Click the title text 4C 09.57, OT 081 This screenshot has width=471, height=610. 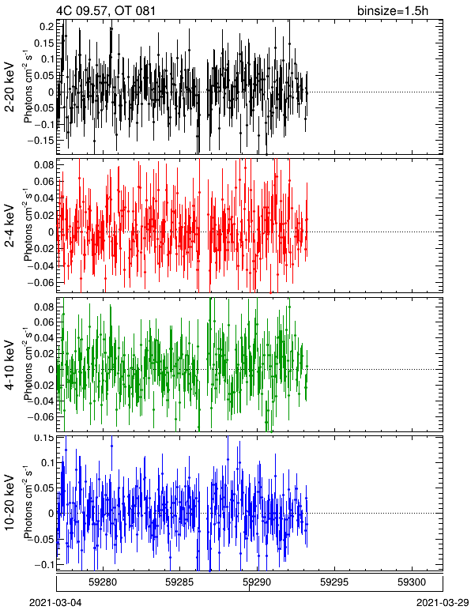[x=106, y=10]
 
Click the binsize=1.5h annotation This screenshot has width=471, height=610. [x=393, y=10]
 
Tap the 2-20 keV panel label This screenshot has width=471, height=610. [x=9, y=87]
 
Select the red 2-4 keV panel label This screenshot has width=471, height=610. [x=9, y=226]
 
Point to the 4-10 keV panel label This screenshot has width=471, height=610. [x=9, y=364]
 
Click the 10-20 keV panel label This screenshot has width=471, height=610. [x=9, y=503]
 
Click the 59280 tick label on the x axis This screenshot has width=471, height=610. [x=103, y=582]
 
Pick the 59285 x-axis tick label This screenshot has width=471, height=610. [x=180, y=582]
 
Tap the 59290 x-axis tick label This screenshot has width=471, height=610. [x=257, y=582]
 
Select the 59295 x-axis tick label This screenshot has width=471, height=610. [x=334, y=582]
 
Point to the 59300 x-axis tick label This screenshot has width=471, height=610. [x=412, y=582]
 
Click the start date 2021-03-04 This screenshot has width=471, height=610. [x=56, y=603]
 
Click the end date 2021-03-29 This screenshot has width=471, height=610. [x=443, y=603]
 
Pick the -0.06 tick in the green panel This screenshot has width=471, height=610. [x=42, y=416]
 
